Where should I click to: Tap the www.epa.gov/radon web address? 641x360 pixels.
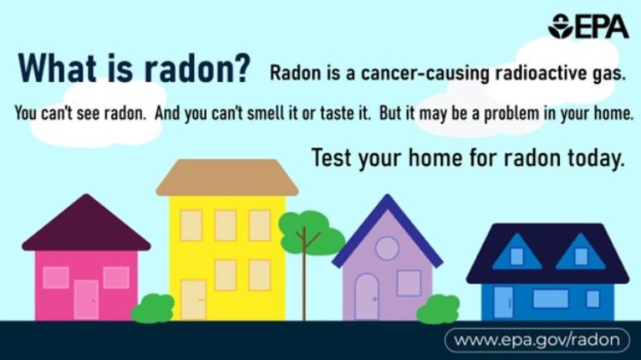tap(536, 339)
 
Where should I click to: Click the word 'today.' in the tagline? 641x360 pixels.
tap(588, 157)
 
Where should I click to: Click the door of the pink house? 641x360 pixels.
tap(86, 298)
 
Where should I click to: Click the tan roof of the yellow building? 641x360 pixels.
tap(226, 177)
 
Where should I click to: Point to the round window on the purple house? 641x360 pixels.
tap(387, 248)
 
